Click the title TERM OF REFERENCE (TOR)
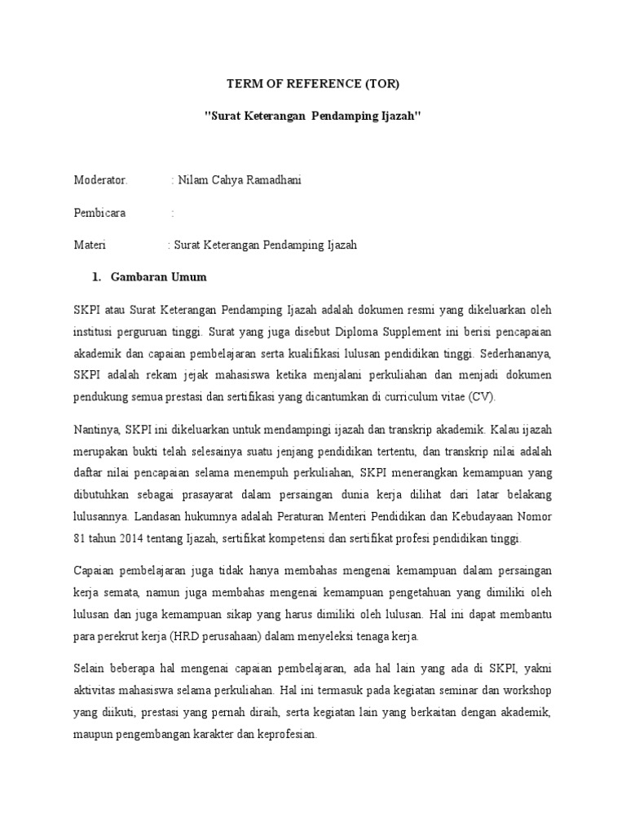313,83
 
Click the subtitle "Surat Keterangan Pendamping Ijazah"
312,117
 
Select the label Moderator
101,180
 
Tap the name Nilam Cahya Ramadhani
237,180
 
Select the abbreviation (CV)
483,396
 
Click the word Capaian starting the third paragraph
95,572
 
